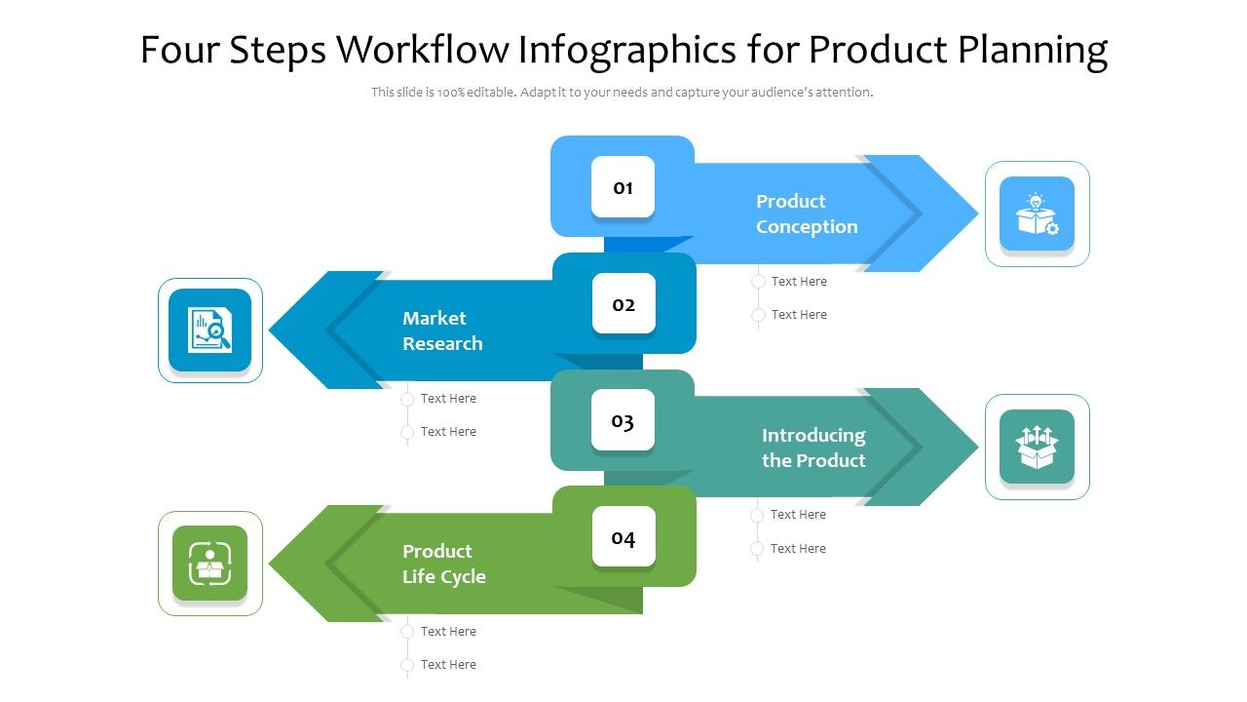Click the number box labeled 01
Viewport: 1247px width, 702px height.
click(623, 187)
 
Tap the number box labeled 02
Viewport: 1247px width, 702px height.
click(623, 304)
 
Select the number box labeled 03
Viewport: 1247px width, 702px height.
click(623, 421)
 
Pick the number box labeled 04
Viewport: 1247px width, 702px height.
click(623, 537)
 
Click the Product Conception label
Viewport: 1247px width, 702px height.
click(806, 214)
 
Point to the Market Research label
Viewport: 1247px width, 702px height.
click(442, 331)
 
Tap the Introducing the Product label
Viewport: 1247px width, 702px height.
click(813, 448)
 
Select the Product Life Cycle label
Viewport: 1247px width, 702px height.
click(443, 564)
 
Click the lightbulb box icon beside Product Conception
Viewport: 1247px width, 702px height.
click(1037, 214)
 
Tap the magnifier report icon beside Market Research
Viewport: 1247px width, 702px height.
click(210, 331)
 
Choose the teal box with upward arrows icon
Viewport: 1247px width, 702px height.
click(1037, 447)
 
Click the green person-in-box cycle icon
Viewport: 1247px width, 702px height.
click(210, 564)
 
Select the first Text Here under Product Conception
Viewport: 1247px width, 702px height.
click(798, 282)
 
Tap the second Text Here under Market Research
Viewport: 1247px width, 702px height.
click(447, 432)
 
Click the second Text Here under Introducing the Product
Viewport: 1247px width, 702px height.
click(797, 549)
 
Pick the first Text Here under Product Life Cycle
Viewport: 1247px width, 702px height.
click(447, 632)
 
